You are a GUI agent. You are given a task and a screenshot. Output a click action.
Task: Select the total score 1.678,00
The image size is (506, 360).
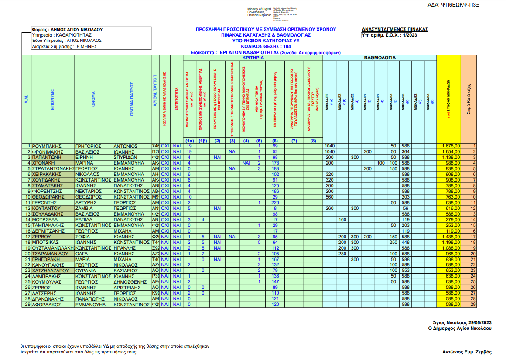[x=451, y=146]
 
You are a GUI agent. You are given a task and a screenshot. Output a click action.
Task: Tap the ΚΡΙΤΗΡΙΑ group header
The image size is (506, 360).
[x=253, y=58]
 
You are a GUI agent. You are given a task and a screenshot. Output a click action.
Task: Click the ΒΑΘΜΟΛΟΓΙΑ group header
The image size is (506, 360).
[x=379, y=58]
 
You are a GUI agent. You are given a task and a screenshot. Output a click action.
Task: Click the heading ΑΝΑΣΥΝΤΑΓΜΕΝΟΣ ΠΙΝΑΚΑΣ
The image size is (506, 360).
[x=395, y=30]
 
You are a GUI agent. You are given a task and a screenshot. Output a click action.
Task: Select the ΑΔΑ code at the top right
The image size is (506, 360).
[x=465, y=5]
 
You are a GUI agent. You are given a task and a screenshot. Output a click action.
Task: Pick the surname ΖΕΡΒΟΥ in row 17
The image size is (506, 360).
[x=44, y=237]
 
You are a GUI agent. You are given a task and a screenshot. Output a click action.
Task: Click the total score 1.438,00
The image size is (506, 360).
[x=451, y=237]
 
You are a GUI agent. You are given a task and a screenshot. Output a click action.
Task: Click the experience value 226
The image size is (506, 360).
[x=275, y=202]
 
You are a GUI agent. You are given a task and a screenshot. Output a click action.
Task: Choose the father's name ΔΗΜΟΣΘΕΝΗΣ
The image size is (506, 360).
[x=130, y=282]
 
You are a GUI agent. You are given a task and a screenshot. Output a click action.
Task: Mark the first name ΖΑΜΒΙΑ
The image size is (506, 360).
[x=86, y=208]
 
